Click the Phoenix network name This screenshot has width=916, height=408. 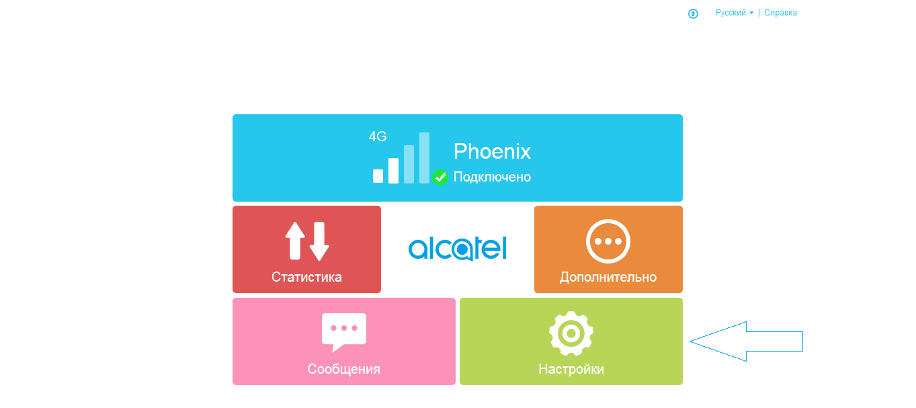point(492,151)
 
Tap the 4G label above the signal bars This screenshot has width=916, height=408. point(378,136)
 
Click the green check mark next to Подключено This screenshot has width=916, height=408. point(440,177)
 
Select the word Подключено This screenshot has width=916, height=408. point(492,177)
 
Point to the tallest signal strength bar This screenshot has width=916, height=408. point(424,158)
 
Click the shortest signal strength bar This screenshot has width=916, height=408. point(378,176)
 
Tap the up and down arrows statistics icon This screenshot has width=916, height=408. point(307,241)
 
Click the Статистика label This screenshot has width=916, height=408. point(306,277)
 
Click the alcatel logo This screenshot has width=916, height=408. point(458,249)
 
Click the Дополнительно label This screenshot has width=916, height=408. point(608,277)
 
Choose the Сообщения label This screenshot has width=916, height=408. point(344,369)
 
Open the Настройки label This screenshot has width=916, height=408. point(571,369)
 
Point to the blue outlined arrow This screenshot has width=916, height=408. point(746,341)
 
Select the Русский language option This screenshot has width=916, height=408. point(731,13)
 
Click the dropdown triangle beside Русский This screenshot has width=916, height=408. point(751,13)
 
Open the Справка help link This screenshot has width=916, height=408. point(781,13)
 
